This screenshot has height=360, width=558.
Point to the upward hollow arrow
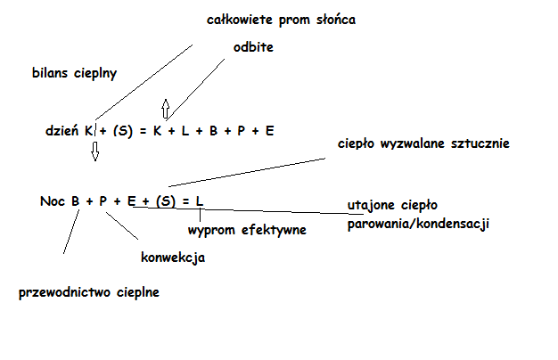164,109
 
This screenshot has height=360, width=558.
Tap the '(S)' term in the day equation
123,130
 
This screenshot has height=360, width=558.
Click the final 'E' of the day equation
269,130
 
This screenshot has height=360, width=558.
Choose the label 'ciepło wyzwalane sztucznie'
423,143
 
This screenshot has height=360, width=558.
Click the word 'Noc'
53,201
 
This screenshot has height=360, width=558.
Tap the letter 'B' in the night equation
78,201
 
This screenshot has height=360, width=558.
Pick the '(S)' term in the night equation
166,201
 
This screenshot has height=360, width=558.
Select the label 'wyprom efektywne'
247,230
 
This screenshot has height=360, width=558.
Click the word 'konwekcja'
173,258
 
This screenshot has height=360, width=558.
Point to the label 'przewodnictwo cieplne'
89,291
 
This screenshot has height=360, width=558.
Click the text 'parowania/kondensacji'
418,223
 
